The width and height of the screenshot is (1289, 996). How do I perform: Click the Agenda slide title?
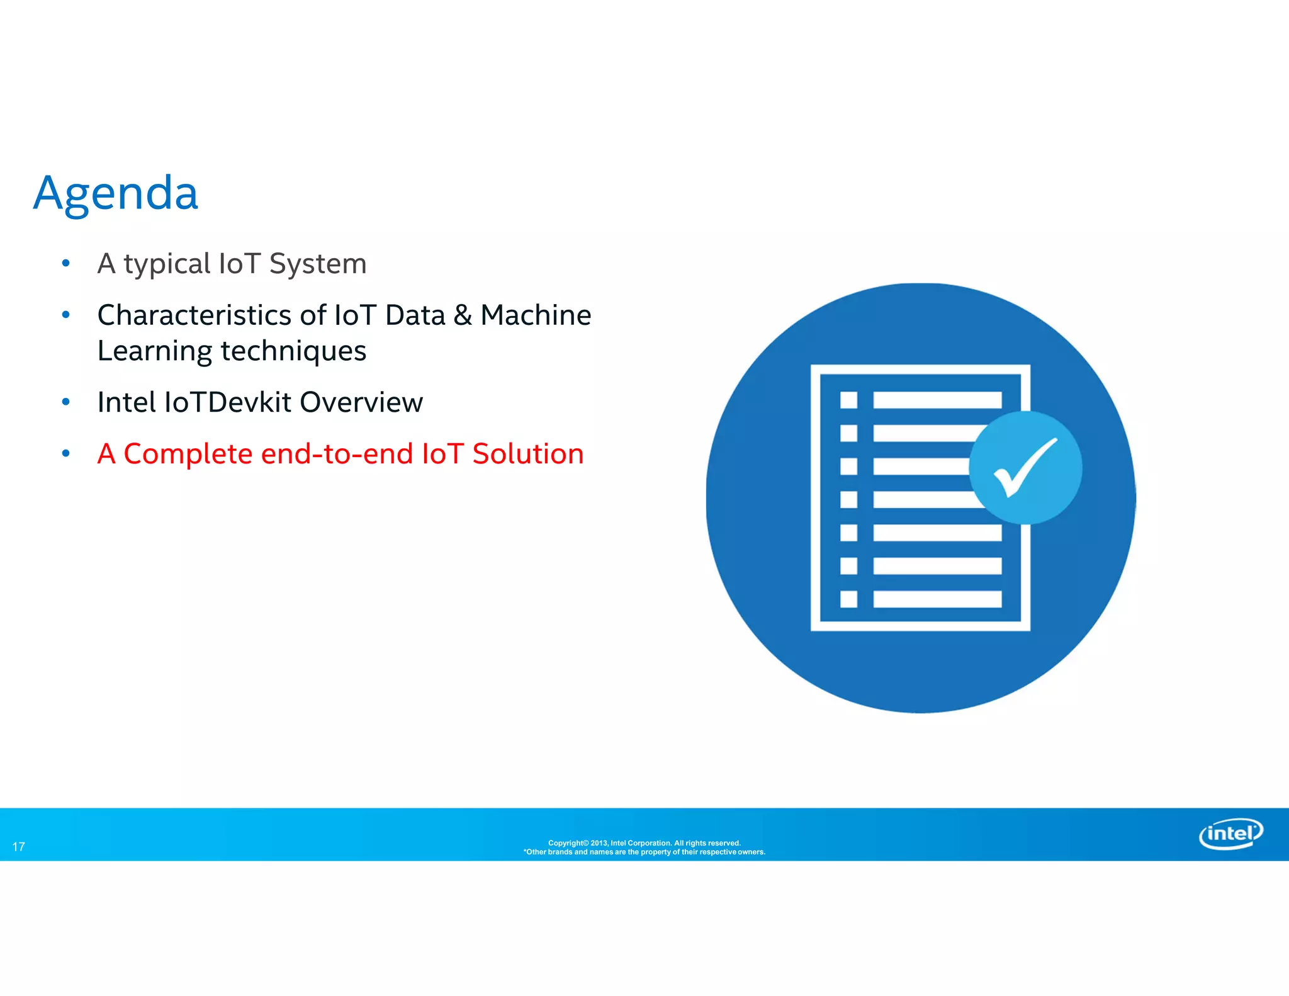pyautogui.click(x=116, y=193)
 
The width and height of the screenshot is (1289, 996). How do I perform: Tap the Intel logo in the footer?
pyautogui.click(x=1230, y=834)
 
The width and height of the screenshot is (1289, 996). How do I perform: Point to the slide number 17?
pyautogui.click(x=19, y=847)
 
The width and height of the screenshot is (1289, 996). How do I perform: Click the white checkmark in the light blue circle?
pyautogui.click(x=1025, y=468)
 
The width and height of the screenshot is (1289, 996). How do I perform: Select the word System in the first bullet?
pyautogui.click(x=318, y=264)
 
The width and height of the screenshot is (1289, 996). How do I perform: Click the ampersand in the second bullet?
pyautogui.click(x=463, y=315)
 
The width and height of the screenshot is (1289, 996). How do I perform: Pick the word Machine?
pyautogui.click(x=536, y=315)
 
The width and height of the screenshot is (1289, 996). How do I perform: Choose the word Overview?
pyautogui.click(x=361, y=402)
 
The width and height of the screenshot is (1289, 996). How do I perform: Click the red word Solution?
pyautogui.click(x=528, y=454)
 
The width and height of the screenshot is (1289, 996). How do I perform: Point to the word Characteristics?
pyautogui.click(x=194, y=315)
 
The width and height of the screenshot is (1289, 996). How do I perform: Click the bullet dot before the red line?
pyautogui.click(x=66, y=453)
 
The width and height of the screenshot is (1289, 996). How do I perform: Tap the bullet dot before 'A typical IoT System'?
pyautogui.click(x=66, y=263)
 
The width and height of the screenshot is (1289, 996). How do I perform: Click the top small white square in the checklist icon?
pyautogui.click(x=848, y=400)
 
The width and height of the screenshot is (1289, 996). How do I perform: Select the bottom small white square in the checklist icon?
pyautogui.click(x=848, y=599)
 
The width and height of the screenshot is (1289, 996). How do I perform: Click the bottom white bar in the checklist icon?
pyautogui.click(x=937, y=599)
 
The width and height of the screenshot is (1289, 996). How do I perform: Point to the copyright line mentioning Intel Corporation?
pyautogui.click(x=644, y=843)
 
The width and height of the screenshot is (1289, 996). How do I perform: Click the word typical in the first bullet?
pyautogui.click(x=167, y=264)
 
